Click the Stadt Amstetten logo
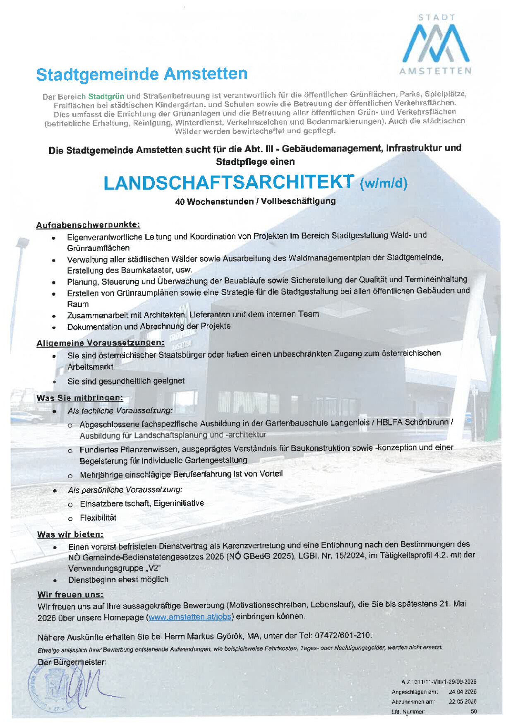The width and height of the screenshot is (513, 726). point(436,45)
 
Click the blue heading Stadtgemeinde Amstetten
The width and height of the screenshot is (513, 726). point(142,75)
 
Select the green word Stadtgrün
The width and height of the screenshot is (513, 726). point(106,96)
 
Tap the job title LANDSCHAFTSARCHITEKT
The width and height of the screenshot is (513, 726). point(229,183)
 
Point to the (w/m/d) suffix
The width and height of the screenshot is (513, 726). point(384,183)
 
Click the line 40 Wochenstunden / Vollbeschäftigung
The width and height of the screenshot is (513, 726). point(255,202)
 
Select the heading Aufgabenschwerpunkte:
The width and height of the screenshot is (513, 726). point(88,225)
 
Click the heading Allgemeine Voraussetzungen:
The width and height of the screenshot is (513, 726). point(100,343)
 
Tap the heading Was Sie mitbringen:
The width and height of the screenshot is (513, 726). point(79,398)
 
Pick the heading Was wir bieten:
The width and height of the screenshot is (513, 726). point(70,534)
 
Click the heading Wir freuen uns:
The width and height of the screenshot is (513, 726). point(70,594)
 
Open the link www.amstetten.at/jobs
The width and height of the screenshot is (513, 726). point(190,617)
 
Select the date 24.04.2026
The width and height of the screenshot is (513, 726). point(463,692)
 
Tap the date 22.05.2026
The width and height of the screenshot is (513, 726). point(463,702)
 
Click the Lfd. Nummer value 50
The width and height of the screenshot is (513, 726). point(474,712)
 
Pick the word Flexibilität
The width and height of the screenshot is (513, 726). point(98,518)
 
